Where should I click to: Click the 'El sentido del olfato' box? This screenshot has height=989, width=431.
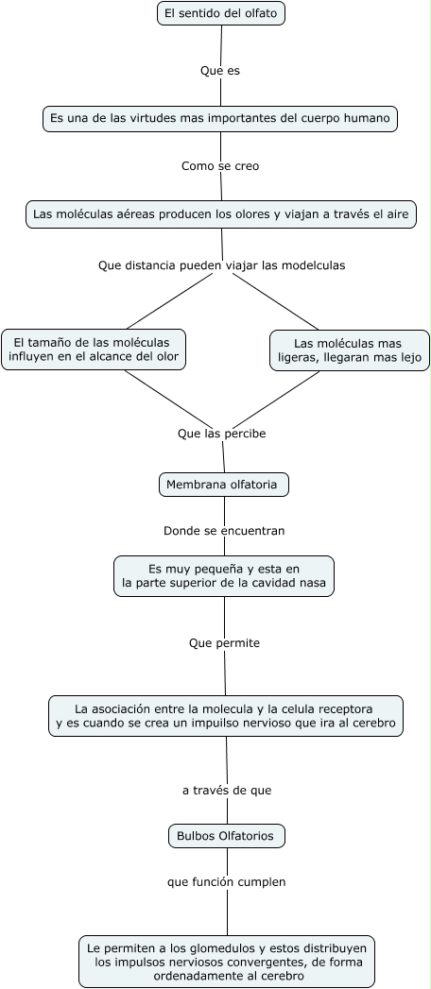pyautogui.click(x=221, y=13)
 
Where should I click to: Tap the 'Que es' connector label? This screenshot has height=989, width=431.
pyautogui.click(x=220, y=70)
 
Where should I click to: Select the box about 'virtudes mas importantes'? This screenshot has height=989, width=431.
pyautogui.click(x=220, y=118)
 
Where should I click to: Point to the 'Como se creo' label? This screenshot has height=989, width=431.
pyautogui.click(x=220, y=166)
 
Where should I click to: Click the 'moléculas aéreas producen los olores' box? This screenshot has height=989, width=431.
pyautogui.click(x=220, y=214)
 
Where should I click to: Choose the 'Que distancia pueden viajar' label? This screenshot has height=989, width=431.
pyautogui.click(x=221, y=265)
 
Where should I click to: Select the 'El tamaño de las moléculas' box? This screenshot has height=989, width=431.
pyautogui.click(x=93, y=349)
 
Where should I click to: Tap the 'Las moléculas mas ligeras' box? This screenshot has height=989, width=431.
pyautogui.click(x=349, y=350)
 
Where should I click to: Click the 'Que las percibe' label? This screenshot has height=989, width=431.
pyautogui.click(x=221, y=434)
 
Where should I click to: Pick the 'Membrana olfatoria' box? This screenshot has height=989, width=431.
pyautogui.click(x=223, y=485)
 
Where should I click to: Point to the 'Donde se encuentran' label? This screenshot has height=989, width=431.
pyautogui.click(x=224, y=531)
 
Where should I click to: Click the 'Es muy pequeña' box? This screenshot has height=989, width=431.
pyautogui.click(x=224, y=576)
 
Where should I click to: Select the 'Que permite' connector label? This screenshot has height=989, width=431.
pyautogui.click(x=224, y=643)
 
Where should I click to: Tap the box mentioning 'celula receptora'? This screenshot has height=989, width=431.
pyautogui.click(x=226, y=716)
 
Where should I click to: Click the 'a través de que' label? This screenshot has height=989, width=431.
pyautogui.click(x=227, y=790)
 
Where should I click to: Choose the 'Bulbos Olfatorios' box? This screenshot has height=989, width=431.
pyautogui.click(x=227, y=836)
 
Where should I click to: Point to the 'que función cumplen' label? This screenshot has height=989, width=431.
pyautogui.click(x=227, y=882)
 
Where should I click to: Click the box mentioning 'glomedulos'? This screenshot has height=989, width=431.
pyautogui.click(x=227, y=962)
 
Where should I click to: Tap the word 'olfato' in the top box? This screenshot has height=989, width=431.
pyautogui.click(x=258, y=13)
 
